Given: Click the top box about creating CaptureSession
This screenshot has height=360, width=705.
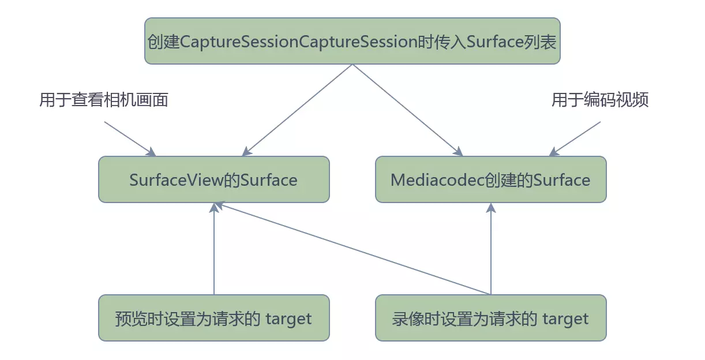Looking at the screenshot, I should point(352,41).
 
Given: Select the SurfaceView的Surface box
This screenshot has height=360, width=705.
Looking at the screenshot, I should point(213,179).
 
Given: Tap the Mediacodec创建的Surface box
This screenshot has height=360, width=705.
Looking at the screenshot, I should point(490,179).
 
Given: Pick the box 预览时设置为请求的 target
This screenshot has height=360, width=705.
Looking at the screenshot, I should point(213,318).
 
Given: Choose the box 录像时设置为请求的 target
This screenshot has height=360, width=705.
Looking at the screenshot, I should point(490,318).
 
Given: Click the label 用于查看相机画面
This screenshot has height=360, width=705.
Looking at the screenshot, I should point(104,100).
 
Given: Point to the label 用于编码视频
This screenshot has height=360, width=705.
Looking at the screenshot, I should point(600,100).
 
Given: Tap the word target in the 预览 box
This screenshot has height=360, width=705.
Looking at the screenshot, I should point(288,318).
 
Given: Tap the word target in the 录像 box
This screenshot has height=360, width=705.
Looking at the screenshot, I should point(565,318).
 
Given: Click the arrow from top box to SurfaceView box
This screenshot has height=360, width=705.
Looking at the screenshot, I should point(297,110).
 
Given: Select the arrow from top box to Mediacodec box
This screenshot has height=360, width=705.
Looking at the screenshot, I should point(407,110).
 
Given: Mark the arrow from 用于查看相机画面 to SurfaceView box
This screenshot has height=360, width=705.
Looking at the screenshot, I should point(130,138).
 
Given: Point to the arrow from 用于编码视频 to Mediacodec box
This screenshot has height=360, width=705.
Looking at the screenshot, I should point(575,138).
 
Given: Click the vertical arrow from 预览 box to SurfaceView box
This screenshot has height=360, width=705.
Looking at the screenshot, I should point(214,248).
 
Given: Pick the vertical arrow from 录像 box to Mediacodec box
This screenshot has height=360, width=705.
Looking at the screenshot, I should point(491,248).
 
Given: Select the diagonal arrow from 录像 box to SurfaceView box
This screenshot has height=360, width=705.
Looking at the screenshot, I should point(352,249).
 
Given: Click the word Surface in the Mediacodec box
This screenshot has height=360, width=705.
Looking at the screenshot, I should point(562,180).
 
